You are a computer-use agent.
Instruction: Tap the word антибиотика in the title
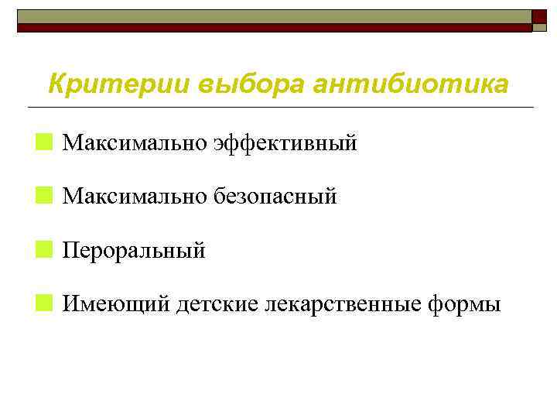411,84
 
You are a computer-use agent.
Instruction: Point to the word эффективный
285,142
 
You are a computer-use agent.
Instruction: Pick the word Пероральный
134,251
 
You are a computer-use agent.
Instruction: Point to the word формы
464,305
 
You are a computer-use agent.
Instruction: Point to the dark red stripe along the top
271,27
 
